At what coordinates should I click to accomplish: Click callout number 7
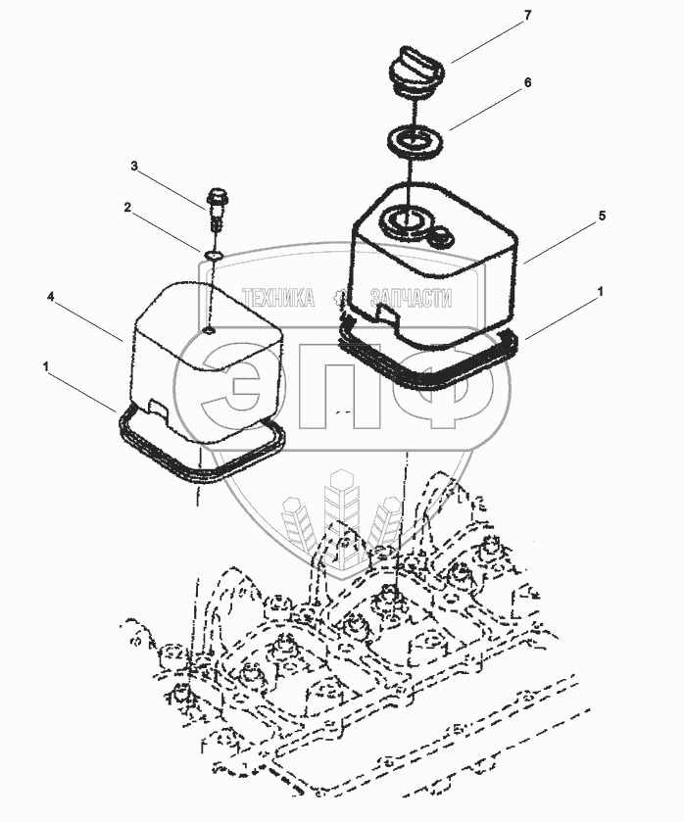point(527,16)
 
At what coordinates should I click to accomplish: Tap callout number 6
point(527,82)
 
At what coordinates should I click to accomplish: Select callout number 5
point(602,216)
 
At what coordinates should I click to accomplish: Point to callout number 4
point(50,297)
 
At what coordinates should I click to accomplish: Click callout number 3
point(134,167)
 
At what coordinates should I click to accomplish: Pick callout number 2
point(127,208)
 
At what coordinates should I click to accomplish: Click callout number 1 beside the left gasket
point(47,366)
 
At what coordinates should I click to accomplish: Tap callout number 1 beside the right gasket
point(601,291)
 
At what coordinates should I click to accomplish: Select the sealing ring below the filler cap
point(415,141)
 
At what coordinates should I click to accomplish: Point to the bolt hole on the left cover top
point(209,331)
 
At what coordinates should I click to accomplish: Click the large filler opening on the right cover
point(405,218)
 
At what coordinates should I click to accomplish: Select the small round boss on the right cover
point(442,237)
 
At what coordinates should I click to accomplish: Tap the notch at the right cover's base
point(387,314)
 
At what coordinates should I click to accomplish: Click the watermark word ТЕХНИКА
point(278,298)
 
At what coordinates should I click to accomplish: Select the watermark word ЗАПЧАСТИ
point(411,298)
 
